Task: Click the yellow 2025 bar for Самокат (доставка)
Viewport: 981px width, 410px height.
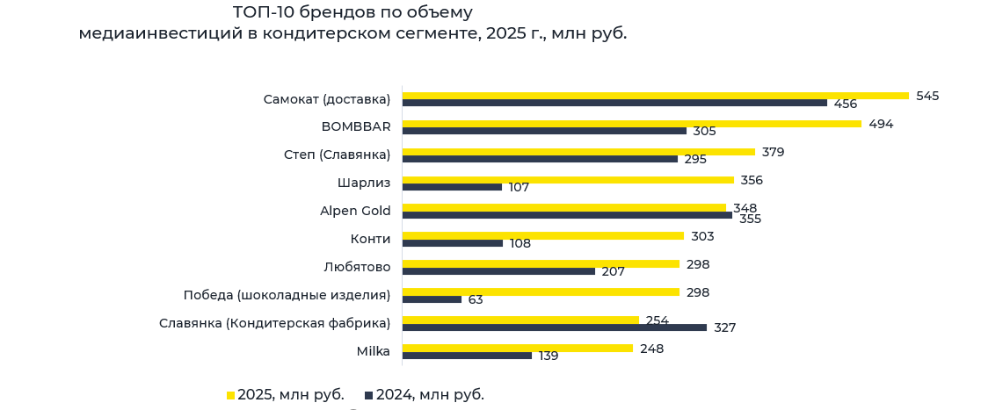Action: [655, 96]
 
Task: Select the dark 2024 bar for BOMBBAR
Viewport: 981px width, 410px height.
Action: [544, 131]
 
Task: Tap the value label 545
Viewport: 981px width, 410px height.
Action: [927, 96]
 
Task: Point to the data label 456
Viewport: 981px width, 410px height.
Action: [846, 104]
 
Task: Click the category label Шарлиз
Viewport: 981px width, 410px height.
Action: [364, 183]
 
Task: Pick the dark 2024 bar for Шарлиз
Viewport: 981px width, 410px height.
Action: [452, 187]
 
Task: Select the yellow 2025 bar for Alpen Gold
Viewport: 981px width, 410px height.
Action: [563, 207]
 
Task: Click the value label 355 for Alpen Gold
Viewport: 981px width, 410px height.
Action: [750, 219]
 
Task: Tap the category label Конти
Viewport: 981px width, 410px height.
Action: [370, 239]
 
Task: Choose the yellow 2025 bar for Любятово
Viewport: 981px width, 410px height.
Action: [541, 263]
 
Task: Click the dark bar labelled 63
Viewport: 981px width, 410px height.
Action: [432, 299]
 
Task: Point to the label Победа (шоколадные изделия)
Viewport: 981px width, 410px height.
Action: [287, 295]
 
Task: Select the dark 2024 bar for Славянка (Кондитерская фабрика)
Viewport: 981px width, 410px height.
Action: [554, 327]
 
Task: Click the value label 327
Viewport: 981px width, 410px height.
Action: [724, 327]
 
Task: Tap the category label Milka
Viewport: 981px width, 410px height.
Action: [374, 351]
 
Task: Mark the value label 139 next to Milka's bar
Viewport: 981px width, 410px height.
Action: [549, 356]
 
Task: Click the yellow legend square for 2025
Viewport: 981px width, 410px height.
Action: [230, 395]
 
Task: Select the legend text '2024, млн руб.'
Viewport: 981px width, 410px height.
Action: [430, 395]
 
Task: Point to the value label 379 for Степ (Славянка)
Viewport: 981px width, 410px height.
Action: [773, 152]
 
